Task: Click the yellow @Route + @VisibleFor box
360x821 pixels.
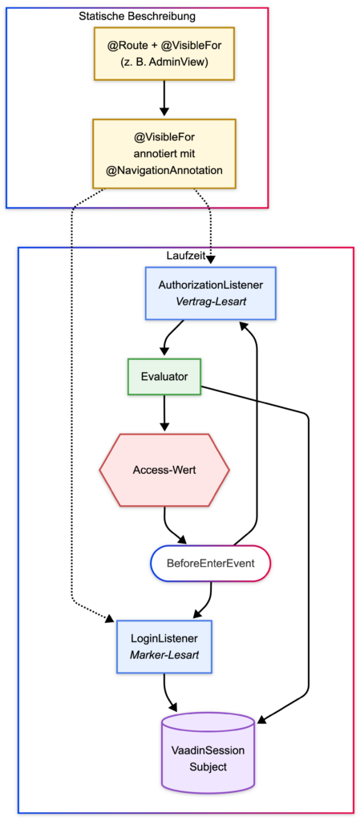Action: point(164,53)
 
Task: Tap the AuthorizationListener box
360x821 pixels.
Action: point(210,293)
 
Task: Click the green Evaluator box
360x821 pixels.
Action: point(164,377)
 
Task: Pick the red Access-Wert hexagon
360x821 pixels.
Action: point(164,470)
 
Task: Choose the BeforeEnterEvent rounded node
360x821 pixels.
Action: point(210,563)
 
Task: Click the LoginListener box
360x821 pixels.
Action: point(164,647)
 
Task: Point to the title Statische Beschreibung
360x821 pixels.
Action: point(137,16)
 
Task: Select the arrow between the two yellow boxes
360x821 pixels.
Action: point(164,98)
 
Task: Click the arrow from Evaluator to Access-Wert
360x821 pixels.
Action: point(164,413)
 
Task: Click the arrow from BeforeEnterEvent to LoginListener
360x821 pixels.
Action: point(207,603)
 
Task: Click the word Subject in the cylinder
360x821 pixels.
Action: point(208,767)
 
